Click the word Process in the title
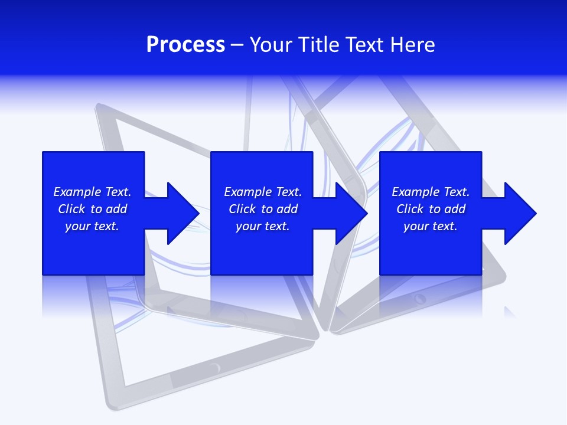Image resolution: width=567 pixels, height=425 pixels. coord(185,45)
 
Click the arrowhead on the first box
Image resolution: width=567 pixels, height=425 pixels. coord(183,213)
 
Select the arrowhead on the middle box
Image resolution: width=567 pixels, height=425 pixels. coord(351,213)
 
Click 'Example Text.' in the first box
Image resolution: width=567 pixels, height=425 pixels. coord(92,192)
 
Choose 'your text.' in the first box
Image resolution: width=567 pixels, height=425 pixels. coord(92,226)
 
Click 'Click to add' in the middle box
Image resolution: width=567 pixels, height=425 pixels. coord(263,209)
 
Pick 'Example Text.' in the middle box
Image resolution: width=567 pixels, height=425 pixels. coord(263,192)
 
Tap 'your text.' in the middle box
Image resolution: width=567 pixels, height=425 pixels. coord(263,226)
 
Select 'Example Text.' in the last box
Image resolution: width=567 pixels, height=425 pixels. coord(431,192)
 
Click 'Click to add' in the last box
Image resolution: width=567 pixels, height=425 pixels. coord(431,209)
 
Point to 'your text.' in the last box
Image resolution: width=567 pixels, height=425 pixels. coord(431,226)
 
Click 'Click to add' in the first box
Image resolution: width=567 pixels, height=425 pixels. coord(92,209)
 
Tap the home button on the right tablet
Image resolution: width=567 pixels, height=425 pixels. coord(420,298)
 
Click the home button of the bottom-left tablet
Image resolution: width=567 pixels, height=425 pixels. coord(214,368)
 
